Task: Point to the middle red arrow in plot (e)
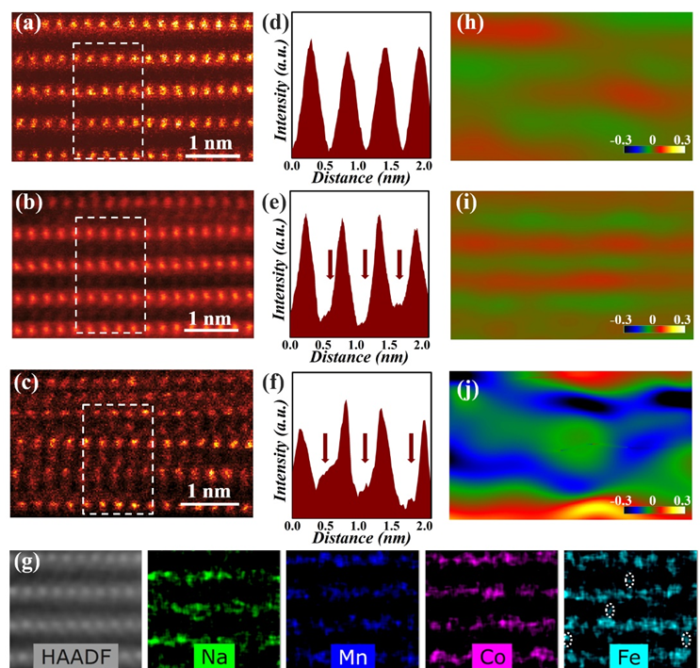coord(366,265)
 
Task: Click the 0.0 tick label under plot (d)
coord(293,165)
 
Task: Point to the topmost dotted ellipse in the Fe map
coord(629,578)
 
